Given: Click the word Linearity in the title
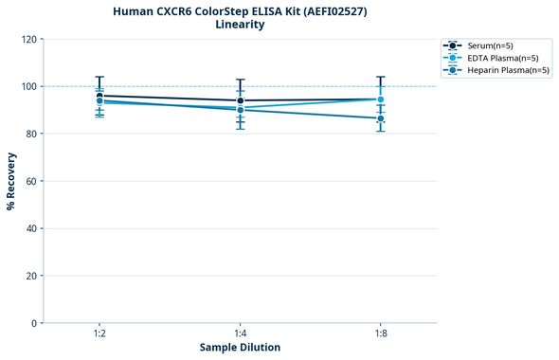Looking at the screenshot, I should coord(240,25).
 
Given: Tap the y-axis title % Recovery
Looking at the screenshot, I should coord(11,181).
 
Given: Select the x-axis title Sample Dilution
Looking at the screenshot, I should coord(240,348).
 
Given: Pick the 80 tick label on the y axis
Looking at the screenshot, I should coord(31,134).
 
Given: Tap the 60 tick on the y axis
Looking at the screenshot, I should coord(31,181).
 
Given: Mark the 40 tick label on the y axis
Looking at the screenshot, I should coord(31,228).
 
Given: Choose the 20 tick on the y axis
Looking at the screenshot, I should coord(31,276).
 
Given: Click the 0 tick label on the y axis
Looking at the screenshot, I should coord(34,323).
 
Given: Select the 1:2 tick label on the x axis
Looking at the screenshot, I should coord(99,333).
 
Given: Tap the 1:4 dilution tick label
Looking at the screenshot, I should coord(241,333).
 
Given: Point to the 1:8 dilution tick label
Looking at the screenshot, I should coord(381,333).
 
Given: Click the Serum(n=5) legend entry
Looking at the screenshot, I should coord(490,45).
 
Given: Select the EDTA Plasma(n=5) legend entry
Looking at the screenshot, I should coord(497,58).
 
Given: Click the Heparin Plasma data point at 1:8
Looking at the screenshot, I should coord(381,118).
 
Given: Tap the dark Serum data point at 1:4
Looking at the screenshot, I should coord(241,100).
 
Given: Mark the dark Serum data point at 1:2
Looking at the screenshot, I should coord(99,96).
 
